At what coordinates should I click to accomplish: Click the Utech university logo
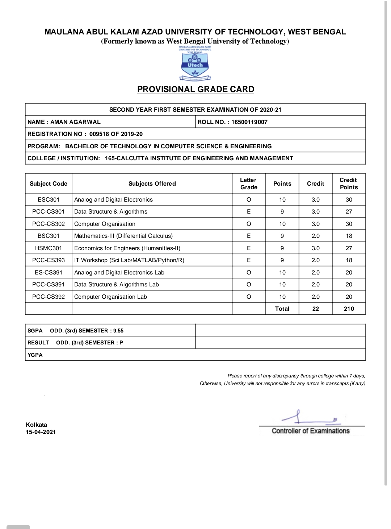click(195, 64)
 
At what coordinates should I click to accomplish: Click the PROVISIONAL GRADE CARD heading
click(195, 89)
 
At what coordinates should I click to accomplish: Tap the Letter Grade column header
click(249, 184)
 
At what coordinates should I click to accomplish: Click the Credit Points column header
click(349, 184)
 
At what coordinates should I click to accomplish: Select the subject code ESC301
click(49, 200)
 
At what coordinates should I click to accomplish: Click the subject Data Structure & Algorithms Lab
click(116, 285)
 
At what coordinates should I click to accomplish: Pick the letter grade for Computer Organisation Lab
click(249, 297)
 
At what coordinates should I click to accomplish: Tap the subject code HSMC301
click(49, 248)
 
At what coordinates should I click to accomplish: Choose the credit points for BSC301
click(349, 236)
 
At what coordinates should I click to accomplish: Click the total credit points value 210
click(349, 309)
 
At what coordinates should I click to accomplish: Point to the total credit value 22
click(315, 309)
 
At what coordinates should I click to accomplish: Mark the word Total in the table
click(282, 309)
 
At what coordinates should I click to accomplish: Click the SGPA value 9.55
click(118, 331)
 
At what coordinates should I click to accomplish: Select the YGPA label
click(35, 355)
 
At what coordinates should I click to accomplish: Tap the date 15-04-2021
click(41, 432)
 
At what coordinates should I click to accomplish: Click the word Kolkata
click(37, 425)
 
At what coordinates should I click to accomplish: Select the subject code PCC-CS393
click(49, 260)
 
